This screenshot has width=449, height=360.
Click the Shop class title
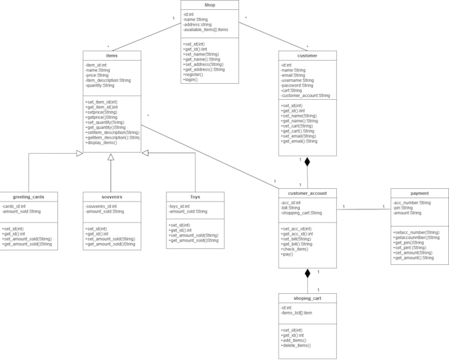(209, 5)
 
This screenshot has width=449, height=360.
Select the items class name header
(112, 55)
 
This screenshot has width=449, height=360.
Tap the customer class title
(307, 55)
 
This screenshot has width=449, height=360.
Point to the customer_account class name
(307, 193)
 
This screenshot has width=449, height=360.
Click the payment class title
(419, 193)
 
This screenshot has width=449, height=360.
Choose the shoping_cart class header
(307, 298)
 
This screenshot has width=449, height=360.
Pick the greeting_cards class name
(28, 196)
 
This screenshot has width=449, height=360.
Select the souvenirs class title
(112, 196)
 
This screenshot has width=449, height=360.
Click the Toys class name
(195, 196)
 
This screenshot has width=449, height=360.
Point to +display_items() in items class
(101, 142)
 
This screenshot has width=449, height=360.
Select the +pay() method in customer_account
(287, 254)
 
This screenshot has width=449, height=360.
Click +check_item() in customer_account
(294, 248)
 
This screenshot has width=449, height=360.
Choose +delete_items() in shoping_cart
(296, 345)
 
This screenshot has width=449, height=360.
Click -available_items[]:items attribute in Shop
(206, 30)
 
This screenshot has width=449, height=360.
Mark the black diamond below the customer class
(307, 161)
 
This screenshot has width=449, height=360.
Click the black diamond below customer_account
(307, 273)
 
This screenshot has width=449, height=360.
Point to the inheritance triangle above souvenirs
(111, 157)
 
